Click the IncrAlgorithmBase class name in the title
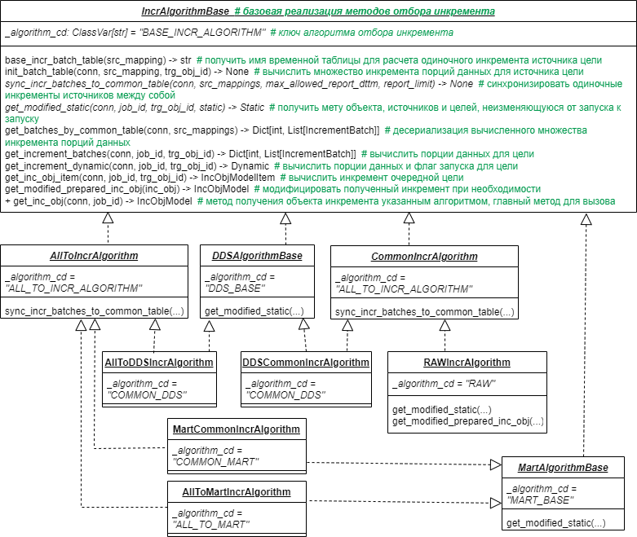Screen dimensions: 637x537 pyautogui.click(x=185, y=11)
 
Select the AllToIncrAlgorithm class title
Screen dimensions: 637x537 pyautogui.click(x=94, y=256)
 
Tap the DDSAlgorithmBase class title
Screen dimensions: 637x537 pyautogui.click(x=257, y=256)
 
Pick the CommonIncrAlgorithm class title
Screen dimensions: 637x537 pyautogui.click(x=424, y=257)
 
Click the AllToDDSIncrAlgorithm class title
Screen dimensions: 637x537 pyautogui.click(x=159, y=363)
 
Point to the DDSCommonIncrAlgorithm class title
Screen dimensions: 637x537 pyautogui.click(x=306, y=363)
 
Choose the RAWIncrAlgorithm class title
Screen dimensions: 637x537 pyautogui.click(x=467, y=363)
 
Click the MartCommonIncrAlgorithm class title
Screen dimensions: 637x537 pyautogui.click(x=237, y=429)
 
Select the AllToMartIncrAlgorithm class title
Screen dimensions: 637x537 pyautogui.click(x=237, y=492)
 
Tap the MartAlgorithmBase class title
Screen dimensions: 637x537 pyautogui.click(x=563, y=468)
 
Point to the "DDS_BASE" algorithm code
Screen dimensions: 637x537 pyautogui.click(x=235, y=288)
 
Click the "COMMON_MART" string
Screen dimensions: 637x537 pyautogui.click(x=215, y=462)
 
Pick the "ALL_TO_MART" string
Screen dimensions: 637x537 pyautogui.click(x=211, y=525)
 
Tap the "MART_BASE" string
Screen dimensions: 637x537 pyautogui.click(x=541, y=500)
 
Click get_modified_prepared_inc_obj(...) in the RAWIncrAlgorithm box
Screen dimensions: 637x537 pyautogui.click(x=468, y=421)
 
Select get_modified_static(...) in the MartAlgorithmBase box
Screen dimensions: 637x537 pyautogui.click(x=555, y=523)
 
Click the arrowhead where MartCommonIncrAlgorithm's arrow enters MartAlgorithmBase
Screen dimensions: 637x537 pyautogui.click(x=496, y=464)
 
